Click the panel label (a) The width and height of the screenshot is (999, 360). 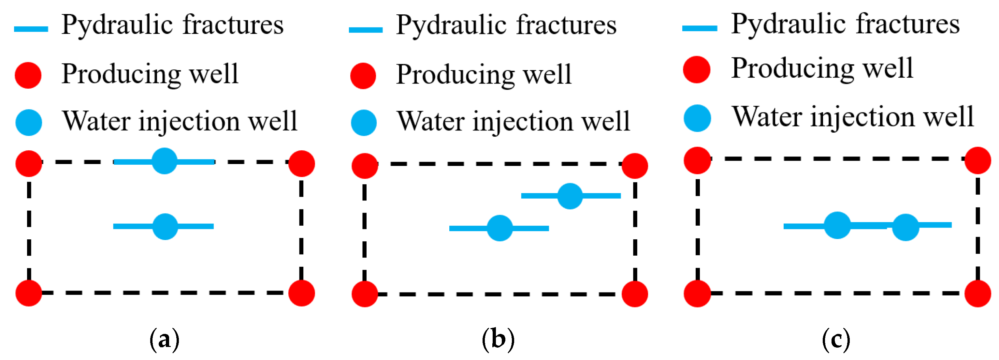coord(165,339)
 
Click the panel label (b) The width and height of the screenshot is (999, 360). coord(498,339)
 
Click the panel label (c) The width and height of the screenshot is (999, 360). coord(836,339)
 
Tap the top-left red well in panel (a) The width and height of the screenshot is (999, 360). coord(29,164)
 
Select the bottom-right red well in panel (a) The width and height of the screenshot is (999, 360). coord(301,293)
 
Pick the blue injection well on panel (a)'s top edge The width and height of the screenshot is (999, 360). coord(165,161)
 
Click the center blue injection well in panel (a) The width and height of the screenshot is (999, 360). coord(165,227)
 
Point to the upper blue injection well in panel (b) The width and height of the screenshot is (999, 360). coord(570,196)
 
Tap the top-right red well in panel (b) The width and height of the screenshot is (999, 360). coord(634,166)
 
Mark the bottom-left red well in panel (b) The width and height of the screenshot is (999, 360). coord(365,294)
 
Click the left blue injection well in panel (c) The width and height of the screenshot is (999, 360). coord(837,225)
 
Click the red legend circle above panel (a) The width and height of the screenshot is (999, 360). coord(28,75)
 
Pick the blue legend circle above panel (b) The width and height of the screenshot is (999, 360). coord(363,123)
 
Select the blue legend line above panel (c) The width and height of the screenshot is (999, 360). coord(700,28)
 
